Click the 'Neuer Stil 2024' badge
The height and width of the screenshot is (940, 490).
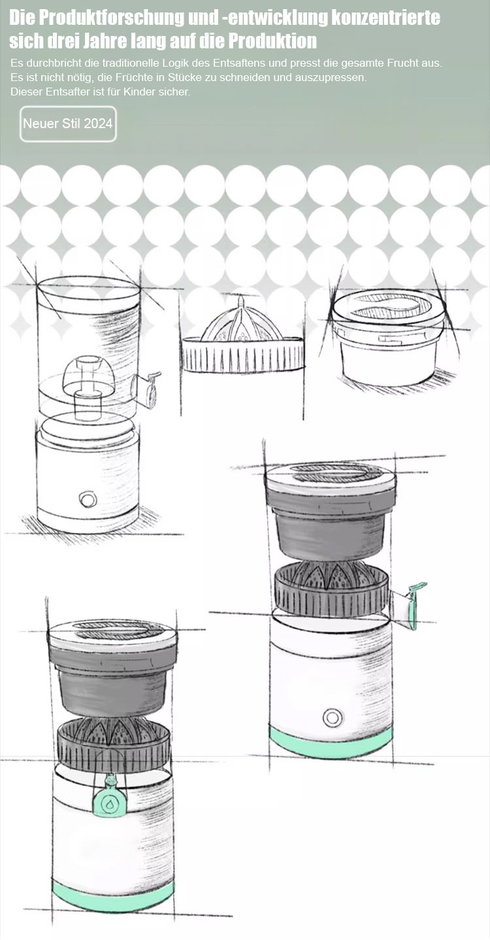click(x=68, y=124)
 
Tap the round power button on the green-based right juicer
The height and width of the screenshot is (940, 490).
click(x=333, y=718)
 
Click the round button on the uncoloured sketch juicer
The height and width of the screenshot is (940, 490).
click(x=88, y=499)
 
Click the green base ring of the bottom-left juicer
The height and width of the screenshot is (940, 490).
click(x=113, y=898)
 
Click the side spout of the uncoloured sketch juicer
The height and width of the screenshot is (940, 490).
click(x=147, y=389)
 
